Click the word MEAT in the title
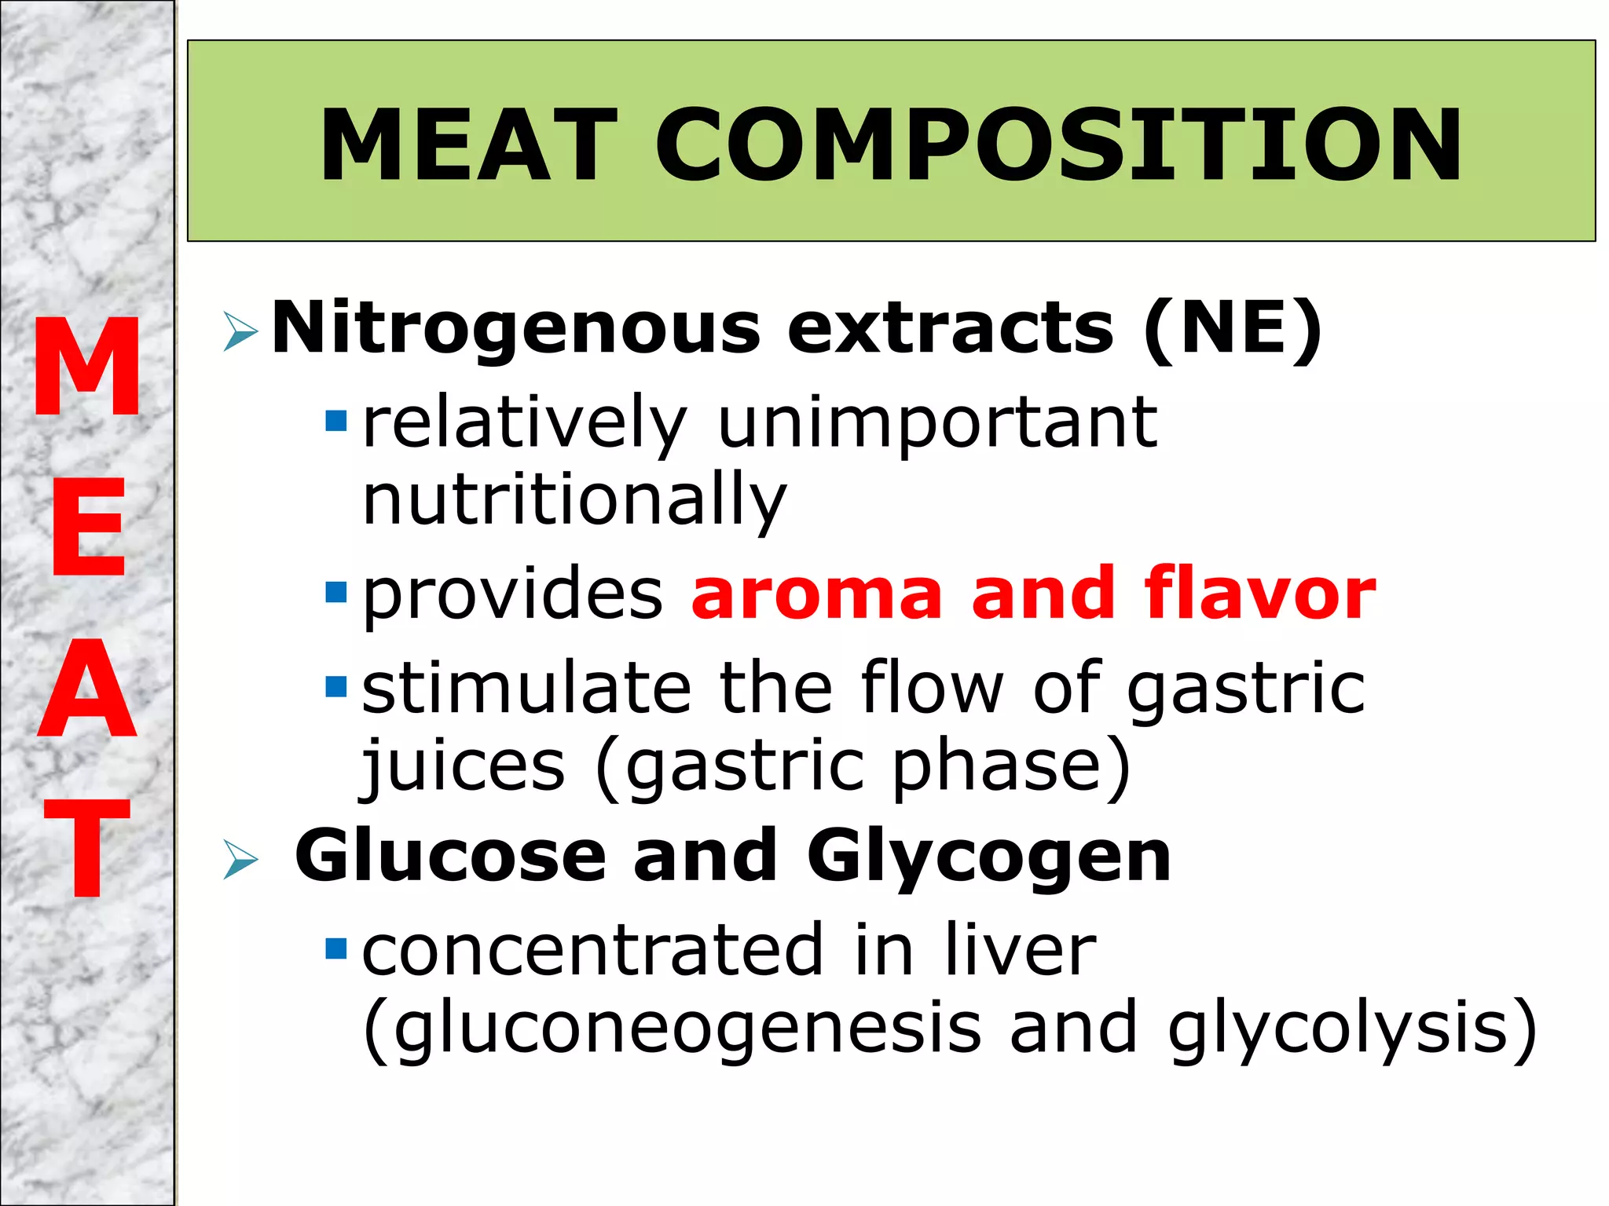(x=468, y=145)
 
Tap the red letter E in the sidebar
(x=88, y=527)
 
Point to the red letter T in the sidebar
(x=87, y=847)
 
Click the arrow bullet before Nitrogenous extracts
(x=240, y=331)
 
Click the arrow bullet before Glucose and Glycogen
(x=240, y=859)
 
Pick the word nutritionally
(x=574, y=500)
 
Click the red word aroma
(x=817, y=594)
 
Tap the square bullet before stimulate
(x=336, y=687)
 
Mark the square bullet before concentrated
(x=336, y=949)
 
